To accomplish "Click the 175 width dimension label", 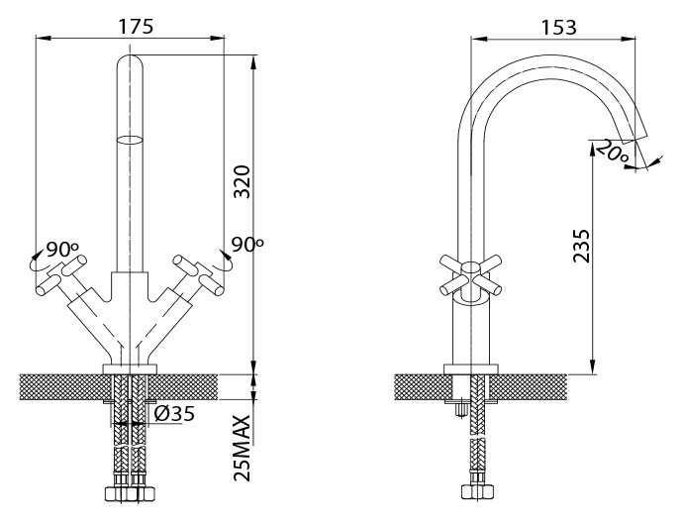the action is tap(137, 26).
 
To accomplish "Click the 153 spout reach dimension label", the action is tap(559, 28).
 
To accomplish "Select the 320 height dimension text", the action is tap(243, 182).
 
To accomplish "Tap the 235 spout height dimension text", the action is tap(581, 246).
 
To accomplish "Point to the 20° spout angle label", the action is tap(612, 152).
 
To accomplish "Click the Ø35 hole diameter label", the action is tap(174, 413).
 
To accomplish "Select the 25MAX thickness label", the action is tap(243, 448).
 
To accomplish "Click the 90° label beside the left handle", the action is tap(62, 249).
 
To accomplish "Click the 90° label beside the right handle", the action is tap(247, 245).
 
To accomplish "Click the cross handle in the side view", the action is tap(470, 275).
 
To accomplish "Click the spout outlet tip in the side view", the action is tap(634, 139).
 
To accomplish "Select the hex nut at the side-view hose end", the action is tap(478, 491).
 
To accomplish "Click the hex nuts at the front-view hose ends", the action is tap(131, 493).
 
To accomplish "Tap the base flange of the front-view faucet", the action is tap(131, 368).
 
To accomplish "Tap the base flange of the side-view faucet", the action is tap(471, 368).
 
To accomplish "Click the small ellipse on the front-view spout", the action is tap(131, 140).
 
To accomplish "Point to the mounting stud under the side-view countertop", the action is tap(460, 410).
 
